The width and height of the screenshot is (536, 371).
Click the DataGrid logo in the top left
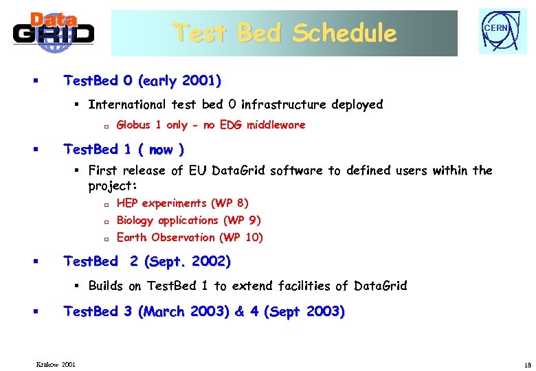pyautogui.click(x=54, y=32)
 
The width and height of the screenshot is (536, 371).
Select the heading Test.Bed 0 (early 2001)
pyautogui.click(x=142, y=81)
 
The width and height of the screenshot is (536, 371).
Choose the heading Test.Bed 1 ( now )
pyautogui.click(x=124, y=149)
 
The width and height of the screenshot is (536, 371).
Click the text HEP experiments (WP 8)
pyautogui.click(x=183, y=203)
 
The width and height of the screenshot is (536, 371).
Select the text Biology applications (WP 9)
pyautogui.click(x=189, y=220)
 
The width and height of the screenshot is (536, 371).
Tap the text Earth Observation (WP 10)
pyautogui.click(x=190, y=237)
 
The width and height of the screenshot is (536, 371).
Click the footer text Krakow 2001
pyautogui.click(x=56, y=363)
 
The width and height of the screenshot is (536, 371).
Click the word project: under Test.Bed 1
pyautogui.click(x=113, y=186)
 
